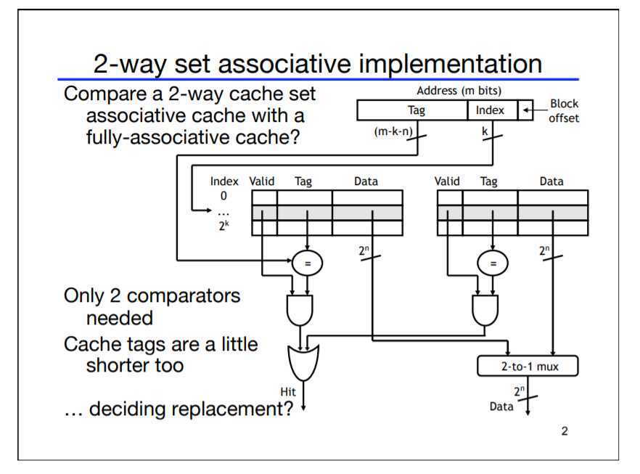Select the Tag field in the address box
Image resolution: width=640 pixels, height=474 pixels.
coord(412,111)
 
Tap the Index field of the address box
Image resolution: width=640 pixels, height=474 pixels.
coord(490,111)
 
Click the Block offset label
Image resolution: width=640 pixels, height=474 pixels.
coord(564,111)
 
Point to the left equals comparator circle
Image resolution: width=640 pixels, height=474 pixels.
coord(308,263)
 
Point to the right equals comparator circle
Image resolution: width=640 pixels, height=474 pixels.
coord(493,263)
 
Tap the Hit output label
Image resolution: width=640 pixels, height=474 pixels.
coord(288,392)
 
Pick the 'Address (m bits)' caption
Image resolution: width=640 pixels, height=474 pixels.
coord(459,91)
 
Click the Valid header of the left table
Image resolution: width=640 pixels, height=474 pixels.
coord(261,181)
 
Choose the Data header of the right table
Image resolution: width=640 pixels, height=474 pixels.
coord(551,181)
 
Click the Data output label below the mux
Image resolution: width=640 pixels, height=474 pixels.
coord(501,406)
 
